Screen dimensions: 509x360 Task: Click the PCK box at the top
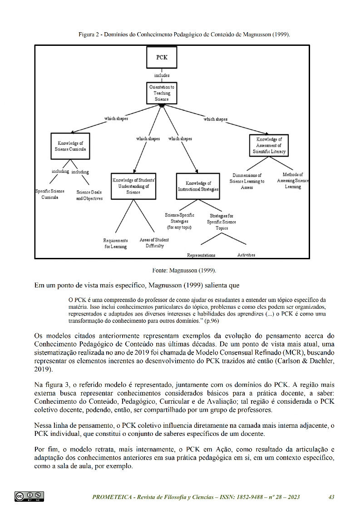[x=162, y=58]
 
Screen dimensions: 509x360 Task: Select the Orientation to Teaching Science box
[x=162, y=93]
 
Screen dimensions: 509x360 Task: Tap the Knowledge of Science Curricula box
[x=70, y=146]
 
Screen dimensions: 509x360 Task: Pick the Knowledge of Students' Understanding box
[x=133, y=186]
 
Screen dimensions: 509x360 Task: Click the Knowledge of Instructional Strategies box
[x=198, y=186]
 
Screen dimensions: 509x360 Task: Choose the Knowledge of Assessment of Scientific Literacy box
[x=269, y=146]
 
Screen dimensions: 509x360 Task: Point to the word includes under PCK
[x=162, y=75]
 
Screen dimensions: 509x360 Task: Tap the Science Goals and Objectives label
[x=89, y=195]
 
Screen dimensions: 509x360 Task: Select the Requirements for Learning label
[x=115, y=243]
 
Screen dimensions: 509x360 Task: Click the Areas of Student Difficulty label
[x=154, y=243]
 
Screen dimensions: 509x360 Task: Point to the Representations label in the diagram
[x=201, y=255]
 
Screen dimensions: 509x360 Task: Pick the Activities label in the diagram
[x=246, y=255]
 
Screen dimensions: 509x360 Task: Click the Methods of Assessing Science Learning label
[x=293, y=180]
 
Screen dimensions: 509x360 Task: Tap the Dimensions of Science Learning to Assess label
[x=247, y=181]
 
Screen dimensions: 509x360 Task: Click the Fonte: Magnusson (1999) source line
[x=184, y=271]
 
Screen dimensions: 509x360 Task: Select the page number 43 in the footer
[x=331, y=497]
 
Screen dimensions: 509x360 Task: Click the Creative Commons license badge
[x=29, y=496]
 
